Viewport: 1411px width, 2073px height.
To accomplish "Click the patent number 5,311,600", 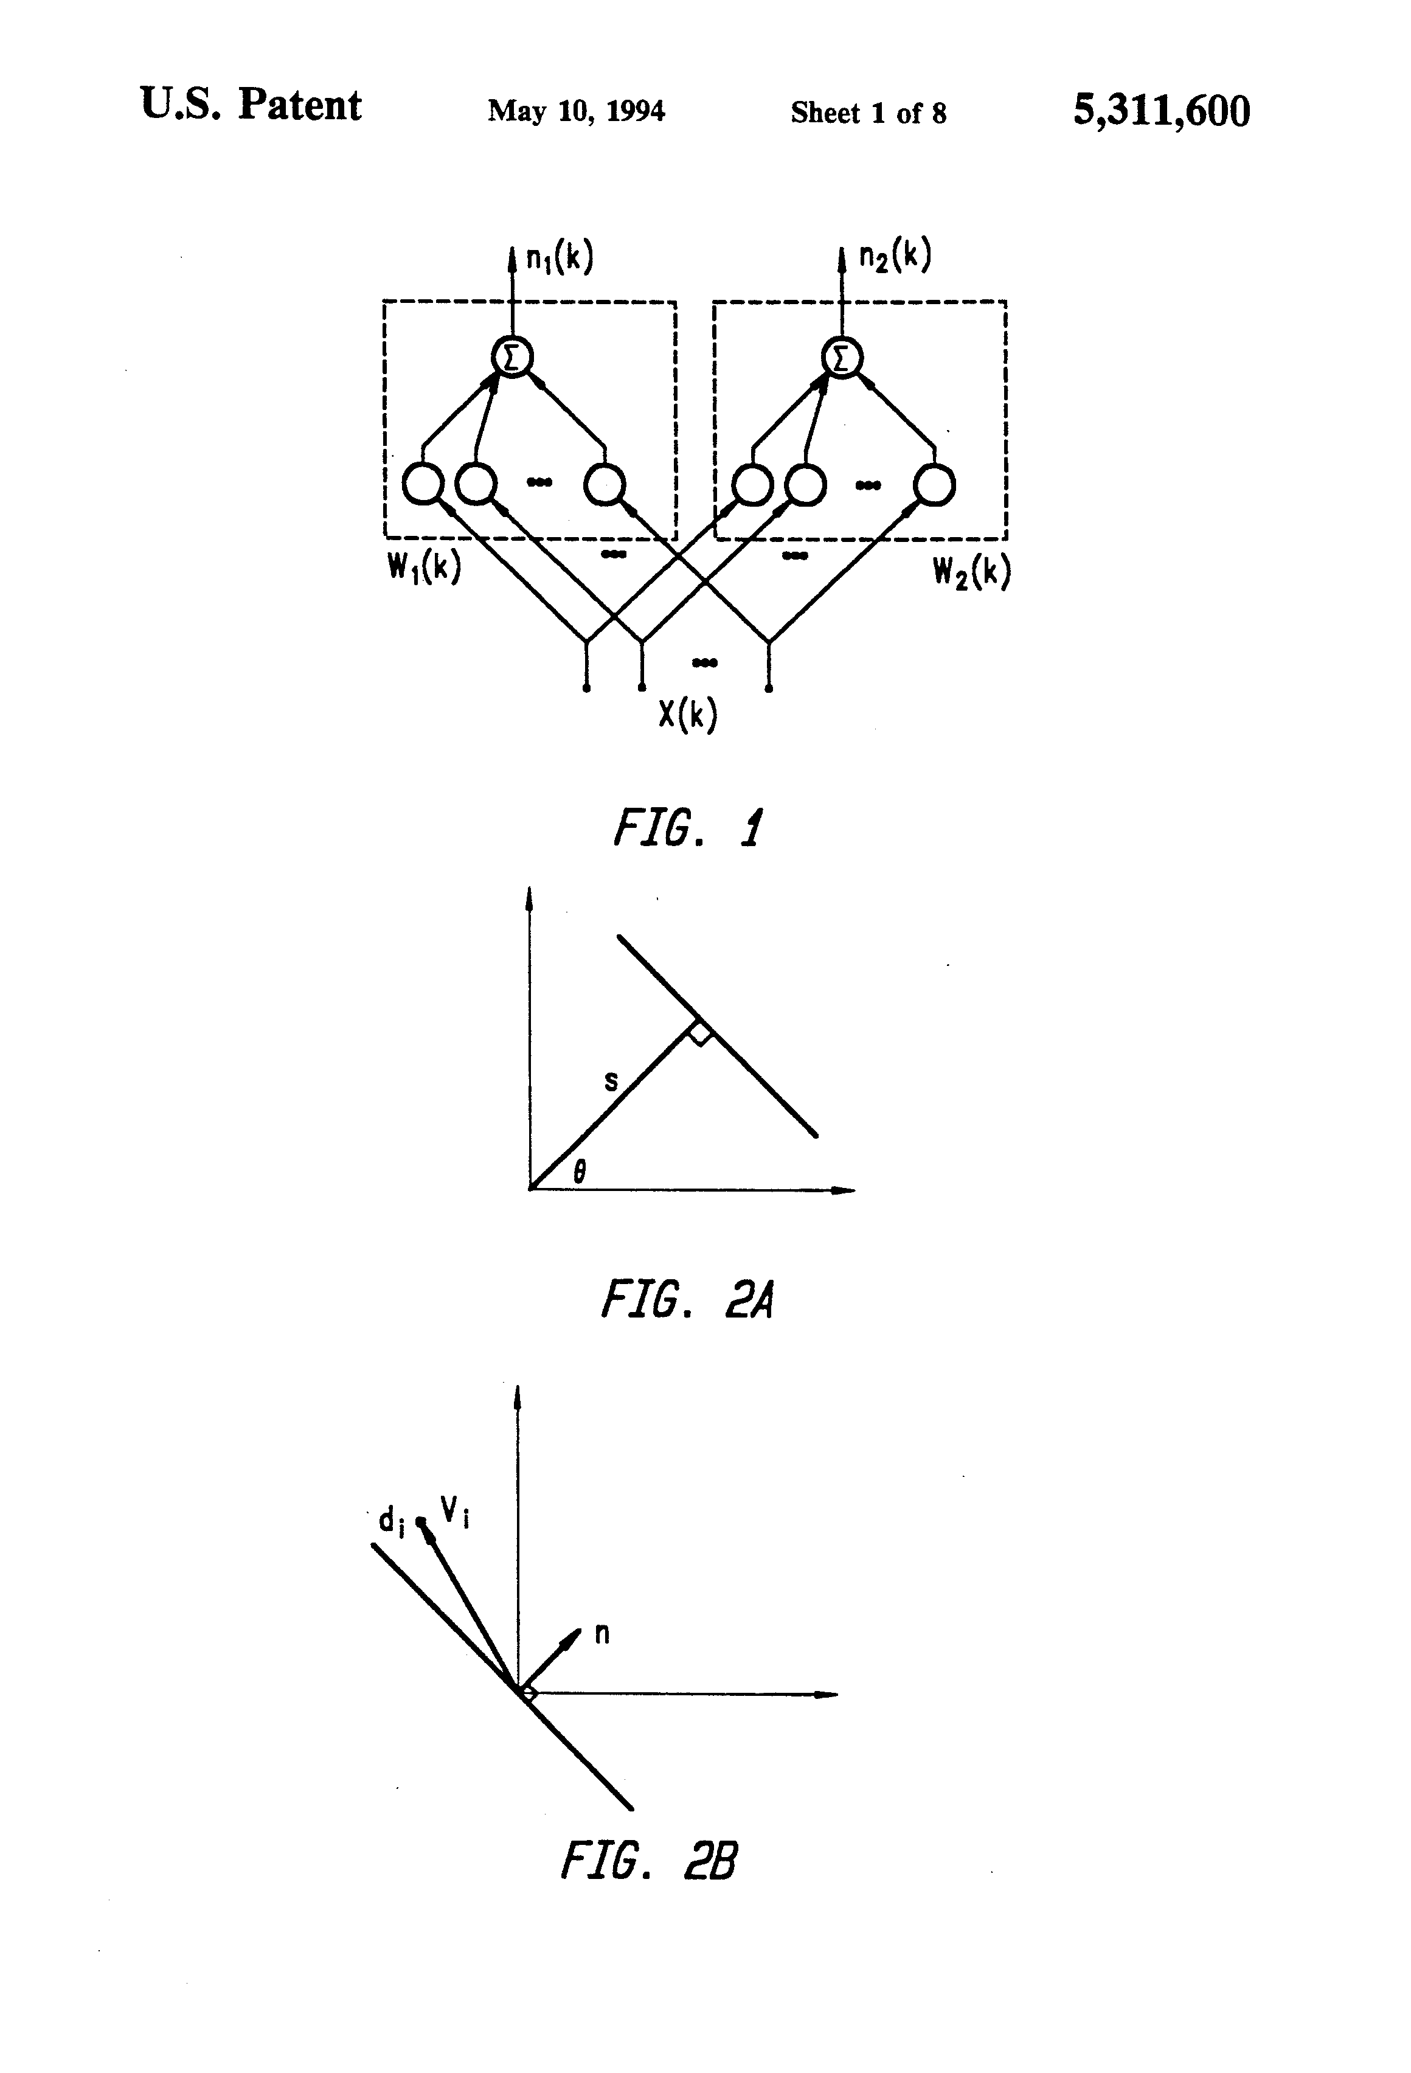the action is [1160, 111].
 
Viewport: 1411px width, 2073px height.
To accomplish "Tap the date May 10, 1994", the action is [575, 111].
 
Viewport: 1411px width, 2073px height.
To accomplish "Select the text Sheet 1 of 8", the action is [868, 113].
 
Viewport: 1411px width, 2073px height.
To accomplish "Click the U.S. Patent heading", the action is [251, 105].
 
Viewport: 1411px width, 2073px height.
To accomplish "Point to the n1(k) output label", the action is [559, 258].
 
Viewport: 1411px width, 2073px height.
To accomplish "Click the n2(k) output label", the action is [895, 256].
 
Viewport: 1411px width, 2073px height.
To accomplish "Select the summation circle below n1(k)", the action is [512, 358].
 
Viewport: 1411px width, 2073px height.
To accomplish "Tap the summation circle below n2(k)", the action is [842, 358].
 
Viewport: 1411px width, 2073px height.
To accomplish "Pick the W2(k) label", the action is [971, 572].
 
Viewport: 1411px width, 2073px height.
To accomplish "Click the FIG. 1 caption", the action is [687, 828].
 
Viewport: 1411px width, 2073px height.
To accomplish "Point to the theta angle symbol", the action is [580, 1170].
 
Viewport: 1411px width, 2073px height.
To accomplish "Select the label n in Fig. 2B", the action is [602, 1634].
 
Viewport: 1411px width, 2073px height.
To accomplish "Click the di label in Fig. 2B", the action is [392, 1520].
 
